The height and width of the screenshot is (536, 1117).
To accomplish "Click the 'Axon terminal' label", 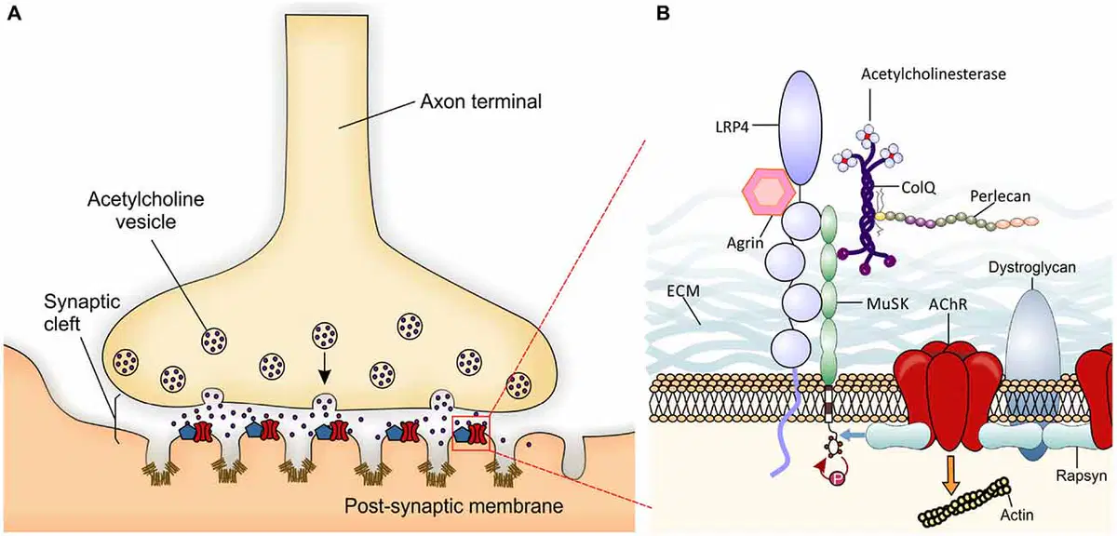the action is click(x=480, y=101).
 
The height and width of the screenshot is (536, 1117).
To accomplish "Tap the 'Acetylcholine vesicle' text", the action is click(x=145, y=210).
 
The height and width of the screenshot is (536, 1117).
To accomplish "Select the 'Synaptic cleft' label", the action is click(x=82, y=313).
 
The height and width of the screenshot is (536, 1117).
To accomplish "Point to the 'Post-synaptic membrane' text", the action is click(x=454, y=506).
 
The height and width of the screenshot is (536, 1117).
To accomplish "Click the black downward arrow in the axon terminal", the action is click(x=325, y=368).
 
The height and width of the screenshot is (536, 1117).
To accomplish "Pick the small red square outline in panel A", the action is click(x=471, y=434).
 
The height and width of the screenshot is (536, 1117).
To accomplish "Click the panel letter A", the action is click(x=15, y=13).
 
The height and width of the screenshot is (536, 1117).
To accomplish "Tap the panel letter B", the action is click(x=663, y=13).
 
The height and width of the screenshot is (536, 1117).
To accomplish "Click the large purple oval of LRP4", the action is click(x=800, y=127).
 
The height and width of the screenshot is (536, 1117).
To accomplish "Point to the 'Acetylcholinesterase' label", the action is click(x=934, y=74).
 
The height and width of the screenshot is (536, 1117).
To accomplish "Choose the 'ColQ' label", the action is click(x=918, y=188).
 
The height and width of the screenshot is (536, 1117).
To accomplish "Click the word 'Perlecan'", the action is click(x=1000, y=196).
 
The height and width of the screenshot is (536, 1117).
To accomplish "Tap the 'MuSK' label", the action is click(x=887, y=303).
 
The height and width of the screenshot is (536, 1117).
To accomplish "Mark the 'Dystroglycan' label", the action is click(x=1031, y=268).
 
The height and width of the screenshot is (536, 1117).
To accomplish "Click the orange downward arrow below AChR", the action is click(x=951, y=475).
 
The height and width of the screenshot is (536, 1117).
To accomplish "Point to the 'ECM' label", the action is click(x=683, y=290).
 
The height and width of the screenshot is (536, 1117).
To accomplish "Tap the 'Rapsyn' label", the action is click(x=1081, y=476).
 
